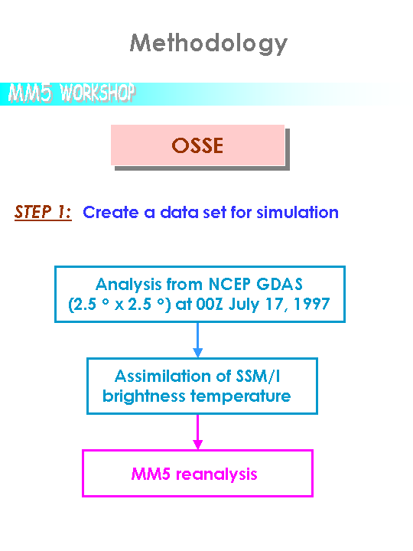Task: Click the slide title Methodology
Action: click(209, 44)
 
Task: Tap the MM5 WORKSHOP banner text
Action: click(72, 93)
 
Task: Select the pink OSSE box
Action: click(197, 145)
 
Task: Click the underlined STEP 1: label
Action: click(43, 212)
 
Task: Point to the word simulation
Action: click(297, 212)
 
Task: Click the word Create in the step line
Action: click(111, 212)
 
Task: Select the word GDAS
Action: click(280, 284)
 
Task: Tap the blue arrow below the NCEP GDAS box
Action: click(198, 340)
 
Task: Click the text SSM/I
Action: click(259, 376)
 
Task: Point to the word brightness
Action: click(144, 396)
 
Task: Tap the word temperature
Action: click(241, 397)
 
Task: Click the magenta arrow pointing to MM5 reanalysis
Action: click(198, 432)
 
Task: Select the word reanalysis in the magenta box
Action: click(216, 474)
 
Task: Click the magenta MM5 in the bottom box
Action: click(151, 474)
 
